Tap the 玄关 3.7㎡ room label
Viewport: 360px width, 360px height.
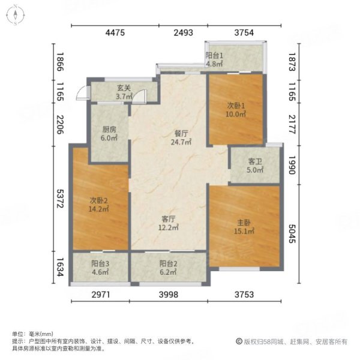[123, 92]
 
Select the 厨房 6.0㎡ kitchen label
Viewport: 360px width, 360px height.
[108, 132]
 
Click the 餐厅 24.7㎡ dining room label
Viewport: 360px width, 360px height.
[180, 139]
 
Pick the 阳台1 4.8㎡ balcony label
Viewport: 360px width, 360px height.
[214, 58]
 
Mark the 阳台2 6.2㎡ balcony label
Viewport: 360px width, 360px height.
[169, 268]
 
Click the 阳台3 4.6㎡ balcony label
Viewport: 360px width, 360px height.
[99, 268]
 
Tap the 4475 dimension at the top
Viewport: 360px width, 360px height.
[115, 34]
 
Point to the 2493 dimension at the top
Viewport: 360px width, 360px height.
[183, 34]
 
